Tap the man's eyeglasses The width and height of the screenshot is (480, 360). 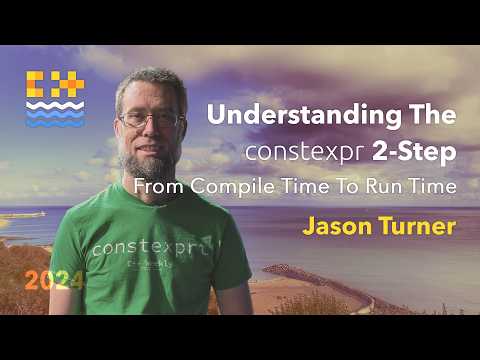tap(151, 119)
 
